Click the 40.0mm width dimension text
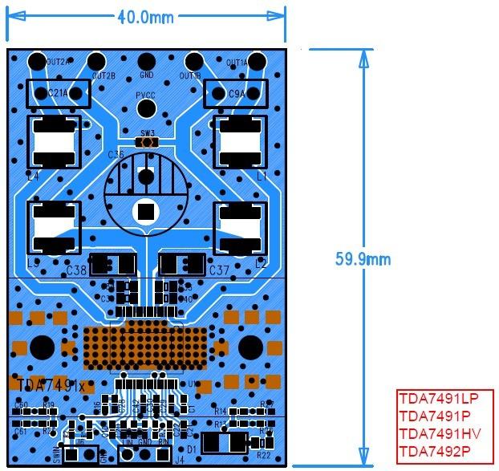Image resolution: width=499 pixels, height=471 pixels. pos(146,17)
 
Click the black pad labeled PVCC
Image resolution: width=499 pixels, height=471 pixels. pos(146,108)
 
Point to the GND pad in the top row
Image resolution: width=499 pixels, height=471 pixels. pos(146,61)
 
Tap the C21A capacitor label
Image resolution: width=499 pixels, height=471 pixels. pos(59,94)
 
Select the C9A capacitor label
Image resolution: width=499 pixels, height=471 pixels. pos(236,94)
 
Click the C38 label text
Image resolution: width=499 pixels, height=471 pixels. pos(77,270)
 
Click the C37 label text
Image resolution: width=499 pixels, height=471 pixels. pos(219,270)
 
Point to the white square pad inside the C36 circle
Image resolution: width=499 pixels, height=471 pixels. pos(145,211)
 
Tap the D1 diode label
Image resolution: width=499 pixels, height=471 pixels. pos(191,449)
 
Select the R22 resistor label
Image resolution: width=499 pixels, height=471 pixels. pos(263,455)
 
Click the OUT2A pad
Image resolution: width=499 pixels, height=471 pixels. pos(37,61)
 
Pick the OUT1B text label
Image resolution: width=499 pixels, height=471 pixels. pos(191,76)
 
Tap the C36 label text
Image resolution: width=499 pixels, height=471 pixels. pos(116,153)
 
